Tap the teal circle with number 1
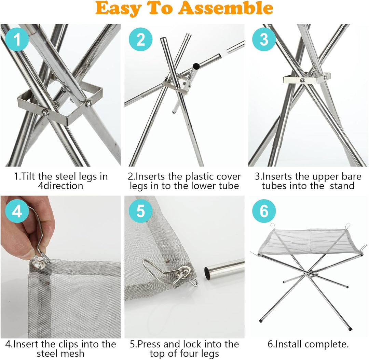[17, 39]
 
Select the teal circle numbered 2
[140, 39]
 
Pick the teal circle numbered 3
[264, 39]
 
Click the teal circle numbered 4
[17, 211]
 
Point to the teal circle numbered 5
[140, 211]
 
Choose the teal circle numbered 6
[264, 211]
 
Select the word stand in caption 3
[342, 186]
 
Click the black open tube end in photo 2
[196, 66]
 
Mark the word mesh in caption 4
[74, 354]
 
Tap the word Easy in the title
[118, 9]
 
